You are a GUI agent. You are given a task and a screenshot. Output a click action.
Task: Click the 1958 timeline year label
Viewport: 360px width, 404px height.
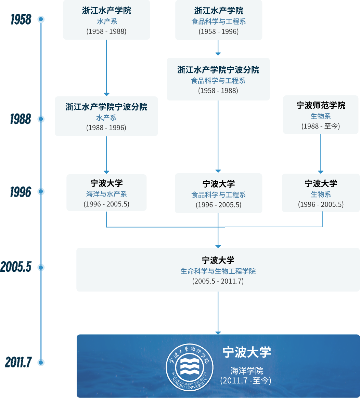click(21, 20)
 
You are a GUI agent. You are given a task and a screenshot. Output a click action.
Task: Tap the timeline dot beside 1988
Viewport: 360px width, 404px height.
click(41, 119)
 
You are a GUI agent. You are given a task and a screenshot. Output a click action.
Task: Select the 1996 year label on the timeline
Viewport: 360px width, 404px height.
click(20, 192)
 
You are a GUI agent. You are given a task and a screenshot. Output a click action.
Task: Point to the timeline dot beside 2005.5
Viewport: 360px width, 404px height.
click(41, 268)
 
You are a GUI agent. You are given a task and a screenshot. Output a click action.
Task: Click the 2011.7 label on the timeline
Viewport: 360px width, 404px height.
click(18, 362)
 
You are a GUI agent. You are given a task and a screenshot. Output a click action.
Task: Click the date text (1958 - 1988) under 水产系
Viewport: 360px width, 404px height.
click(106, 31)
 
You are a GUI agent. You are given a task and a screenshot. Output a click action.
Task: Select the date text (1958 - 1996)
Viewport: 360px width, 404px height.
click(218, 31)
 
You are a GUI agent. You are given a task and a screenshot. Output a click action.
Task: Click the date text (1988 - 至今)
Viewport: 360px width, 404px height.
click(321, 126)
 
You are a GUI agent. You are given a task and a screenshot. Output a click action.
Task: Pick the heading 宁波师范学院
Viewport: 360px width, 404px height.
click(321, 106)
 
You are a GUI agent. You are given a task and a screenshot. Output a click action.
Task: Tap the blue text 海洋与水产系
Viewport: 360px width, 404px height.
click(106, 194)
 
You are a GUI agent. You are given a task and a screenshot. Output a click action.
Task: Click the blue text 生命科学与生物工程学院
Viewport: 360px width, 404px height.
click(218, 271)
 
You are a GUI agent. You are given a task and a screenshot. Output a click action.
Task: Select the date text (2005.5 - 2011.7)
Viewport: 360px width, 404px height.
click(218, 281)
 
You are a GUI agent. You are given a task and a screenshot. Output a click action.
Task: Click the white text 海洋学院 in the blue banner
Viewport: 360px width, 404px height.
click(246, 371)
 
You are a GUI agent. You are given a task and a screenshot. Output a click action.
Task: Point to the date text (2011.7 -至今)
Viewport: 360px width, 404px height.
click(246, 380)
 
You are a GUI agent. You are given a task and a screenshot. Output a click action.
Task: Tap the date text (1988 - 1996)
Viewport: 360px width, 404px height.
click(106, 128)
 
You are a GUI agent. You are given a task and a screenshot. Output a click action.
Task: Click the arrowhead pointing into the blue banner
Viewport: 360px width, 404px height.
click(218, 333)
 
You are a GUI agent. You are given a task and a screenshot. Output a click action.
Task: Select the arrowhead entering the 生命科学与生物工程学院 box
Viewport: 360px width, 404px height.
click(218, 246)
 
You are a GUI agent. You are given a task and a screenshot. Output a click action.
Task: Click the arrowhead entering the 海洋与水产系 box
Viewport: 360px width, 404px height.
click(106, 172)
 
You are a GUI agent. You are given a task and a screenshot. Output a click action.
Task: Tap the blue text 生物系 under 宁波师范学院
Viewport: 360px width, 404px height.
click(321, 116)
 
